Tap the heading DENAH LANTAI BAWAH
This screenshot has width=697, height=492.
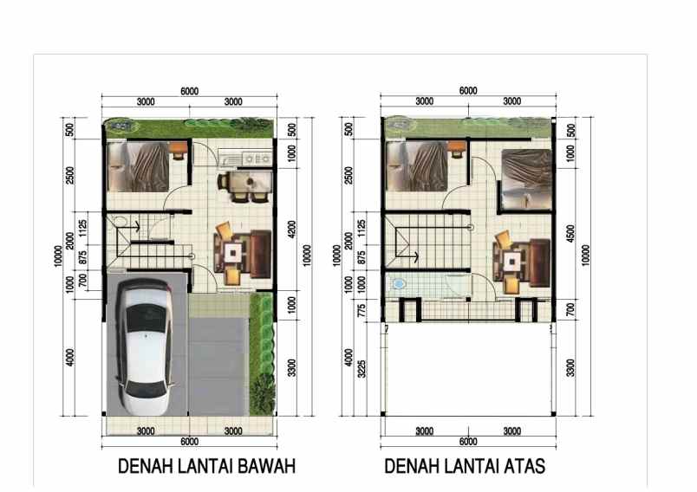(x=207, y=467)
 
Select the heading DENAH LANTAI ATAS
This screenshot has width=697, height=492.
(x=465, y=467)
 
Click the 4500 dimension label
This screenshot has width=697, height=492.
(x=570, y=235)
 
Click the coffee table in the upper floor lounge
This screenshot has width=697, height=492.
(x=514, y=259)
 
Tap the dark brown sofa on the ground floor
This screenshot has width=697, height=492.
(x=257, y=252)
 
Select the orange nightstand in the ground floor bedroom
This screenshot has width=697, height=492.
(x=178, y=151)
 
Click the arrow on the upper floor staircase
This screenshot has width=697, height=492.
(x=417, y=256)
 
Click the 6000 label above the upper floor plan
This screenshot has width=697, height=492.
(x=468, y=91)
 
